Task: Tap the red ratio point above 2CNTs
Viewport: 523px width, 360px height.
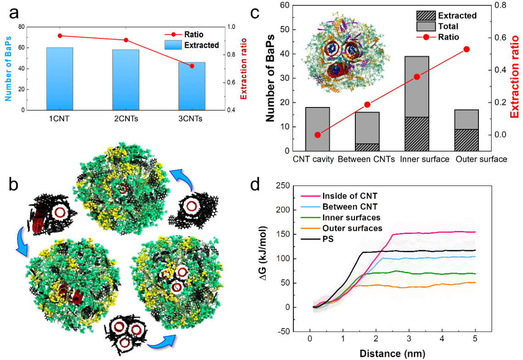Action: click(x=126, y=40)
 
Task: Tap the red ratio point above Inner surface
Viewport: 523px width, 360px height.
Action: click(x=417, y=77)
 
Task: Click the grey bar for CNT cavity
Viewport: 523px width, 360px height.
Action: click(x=318, y=129)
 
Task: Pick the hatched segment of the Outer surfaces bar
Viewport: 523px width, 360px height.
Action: click(x=467, y=141)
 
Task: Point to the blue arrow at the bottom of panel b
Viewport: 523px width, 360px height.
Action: click(x=163, y=341)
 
